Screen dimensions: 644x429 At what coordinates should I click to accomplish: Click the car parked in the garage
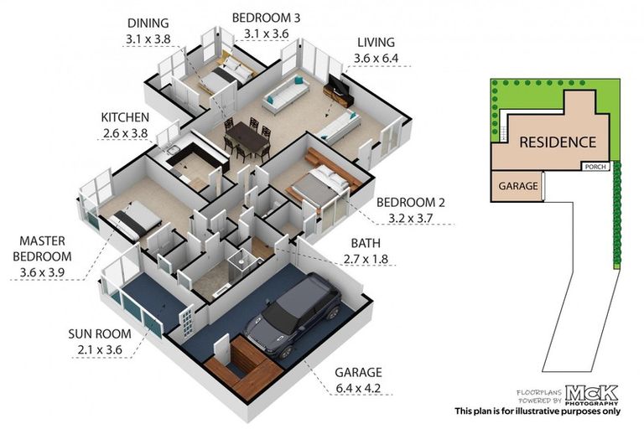coord(293,315)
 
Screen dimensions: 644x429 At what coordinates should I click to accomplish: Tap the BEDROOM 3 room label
coord(266,18)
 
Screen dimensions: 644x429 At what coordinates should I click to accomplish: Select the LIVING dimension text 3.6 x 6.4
coord(377,59)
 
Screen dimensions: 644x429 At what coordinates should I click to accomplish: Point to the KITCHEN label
coord(125,117)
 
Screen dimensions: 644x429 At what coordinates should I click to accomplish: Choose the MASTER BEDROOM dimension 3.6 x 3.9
coord(42,271)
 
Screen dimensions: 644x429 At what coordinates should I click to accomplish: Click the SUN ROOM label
coord(100,333)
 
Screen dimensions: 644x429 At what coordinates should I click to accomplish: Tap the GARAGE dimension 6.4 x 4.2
coord(358,388)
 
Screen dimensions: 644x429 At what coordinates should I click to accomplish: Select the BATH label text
coord(366,243)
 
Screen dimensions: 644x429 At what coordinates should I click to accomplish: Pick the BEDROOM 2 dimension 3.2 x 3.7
coord(411,218)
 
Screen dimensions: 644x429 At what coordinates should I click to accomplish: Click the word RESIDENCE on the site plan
coord(558,142)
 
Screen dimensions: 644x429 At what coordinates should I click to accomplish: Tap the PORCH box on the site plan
coord(595,167)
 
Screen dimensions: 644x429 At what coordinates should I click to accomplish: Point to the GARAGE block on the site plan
coord(518,186)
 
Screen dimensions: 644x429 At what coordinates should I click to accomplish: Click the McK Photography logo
coord(591,395)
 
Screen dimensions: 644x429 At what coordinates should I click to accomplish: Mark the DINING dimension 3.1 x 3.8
coord(148,39)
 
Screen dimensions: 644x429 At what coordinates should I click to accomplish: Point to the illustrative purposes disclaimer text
coord(538,411)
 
